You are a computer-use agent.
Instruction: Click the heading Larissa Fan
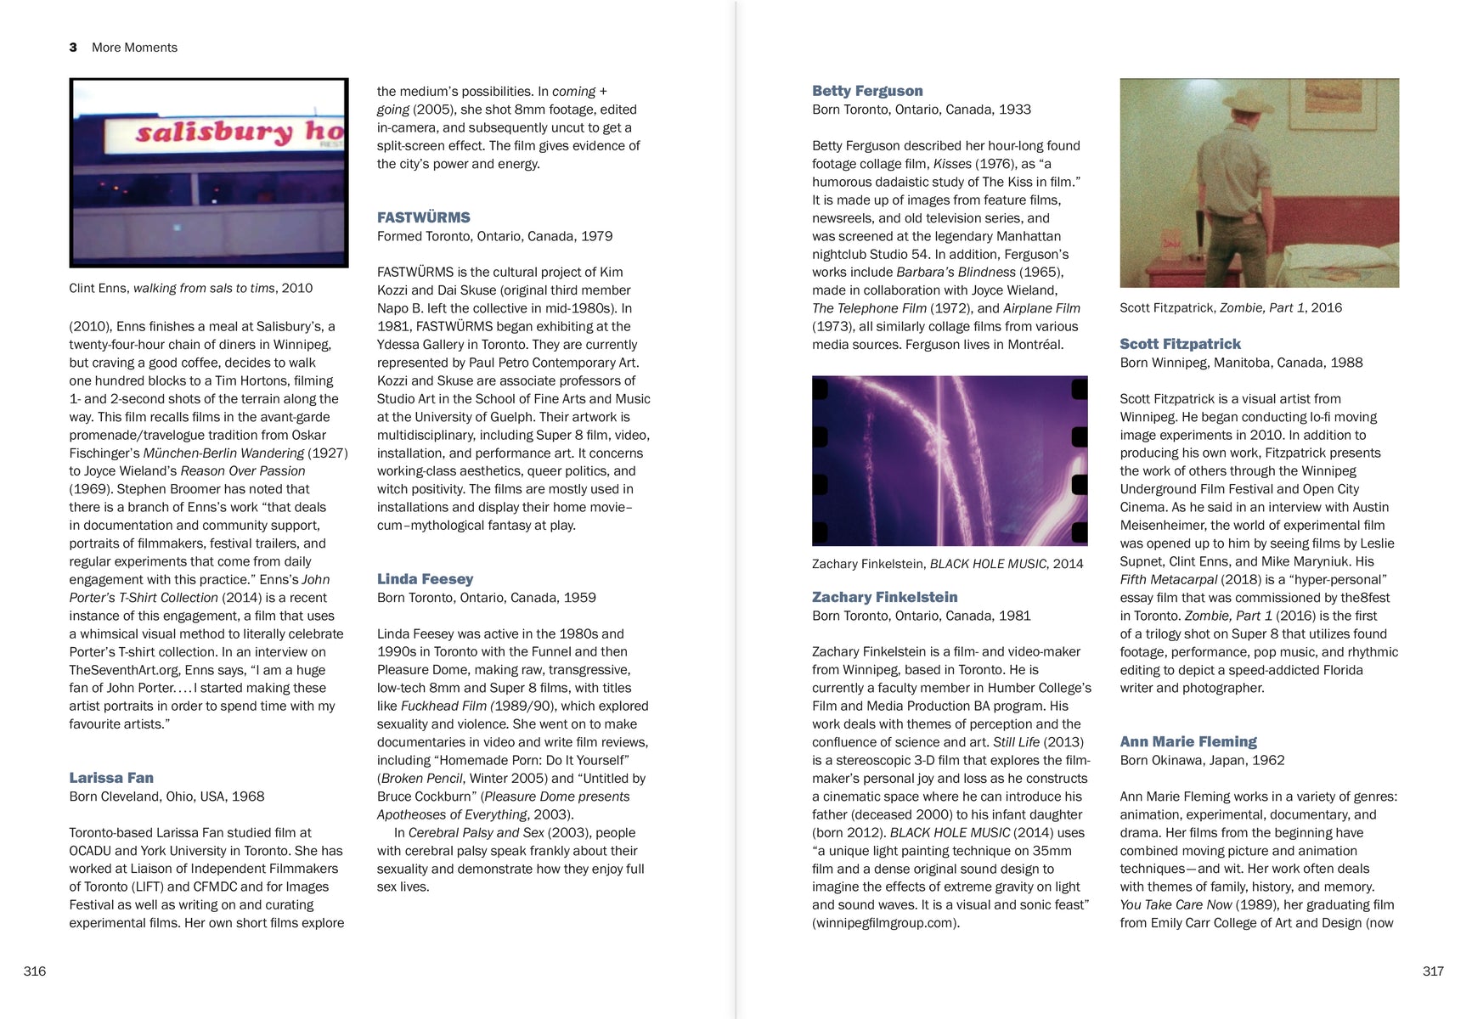pyautogui.click(x=111, y=778)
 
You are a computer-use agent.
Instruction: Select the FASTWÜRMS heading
pyautogui.click(x=423, y=217)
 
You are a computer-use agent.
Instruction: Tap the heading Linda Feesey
pyautogui.click(x=425, y=579)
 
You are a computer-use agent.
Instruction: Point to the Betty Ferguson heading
pyautogui.click(x=866, y=91)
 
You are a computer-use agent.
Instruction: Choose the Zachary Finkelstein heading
pyautogui.click(x=884, y=597)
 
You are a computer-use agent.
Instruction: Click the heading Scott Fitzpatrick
pyautogui.click(x=1180, y=344)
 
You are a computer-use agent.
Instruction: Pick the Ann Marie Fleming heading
pyautogui.click(x=1187, y=741)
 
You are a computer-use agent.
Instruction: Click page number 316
pyautogui.click(x=35, y=971)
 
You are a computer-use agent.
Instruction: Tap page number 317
pyautogui.click(x=1432, y=971)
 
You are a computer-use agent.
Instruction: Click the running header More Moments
pyautogui.click(x=134, y=48)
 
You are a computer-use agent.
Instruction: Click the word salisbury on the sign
pyautogui.click(x=213, y=133)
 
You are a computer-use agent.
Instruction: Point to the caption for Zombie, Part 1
pyautogui.click(x=1230, y=307)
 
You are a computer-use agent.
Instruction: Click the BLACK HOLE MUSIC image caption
pyautogui.click(x=947, y=564)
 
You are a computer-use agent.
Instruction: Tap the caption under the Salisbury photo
pyautogui.click(x=190, y=288)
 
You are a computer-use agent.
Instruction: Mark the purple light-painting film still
pyautogui.click(x=949, y=460)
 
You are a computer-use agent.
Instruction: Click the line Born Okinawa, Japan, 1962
pyautogui.click(x=1202, y=760)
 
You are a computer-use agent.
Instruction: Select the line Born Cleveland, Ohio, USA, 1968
pyautogui.click(x=166, y=797)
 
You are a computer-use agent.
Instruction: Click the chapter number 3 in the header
pyautogui.click(x=73, y=48)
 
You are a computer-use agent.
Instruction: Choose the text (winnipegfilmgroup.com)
pyautogui.click(x=885, y=923)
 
